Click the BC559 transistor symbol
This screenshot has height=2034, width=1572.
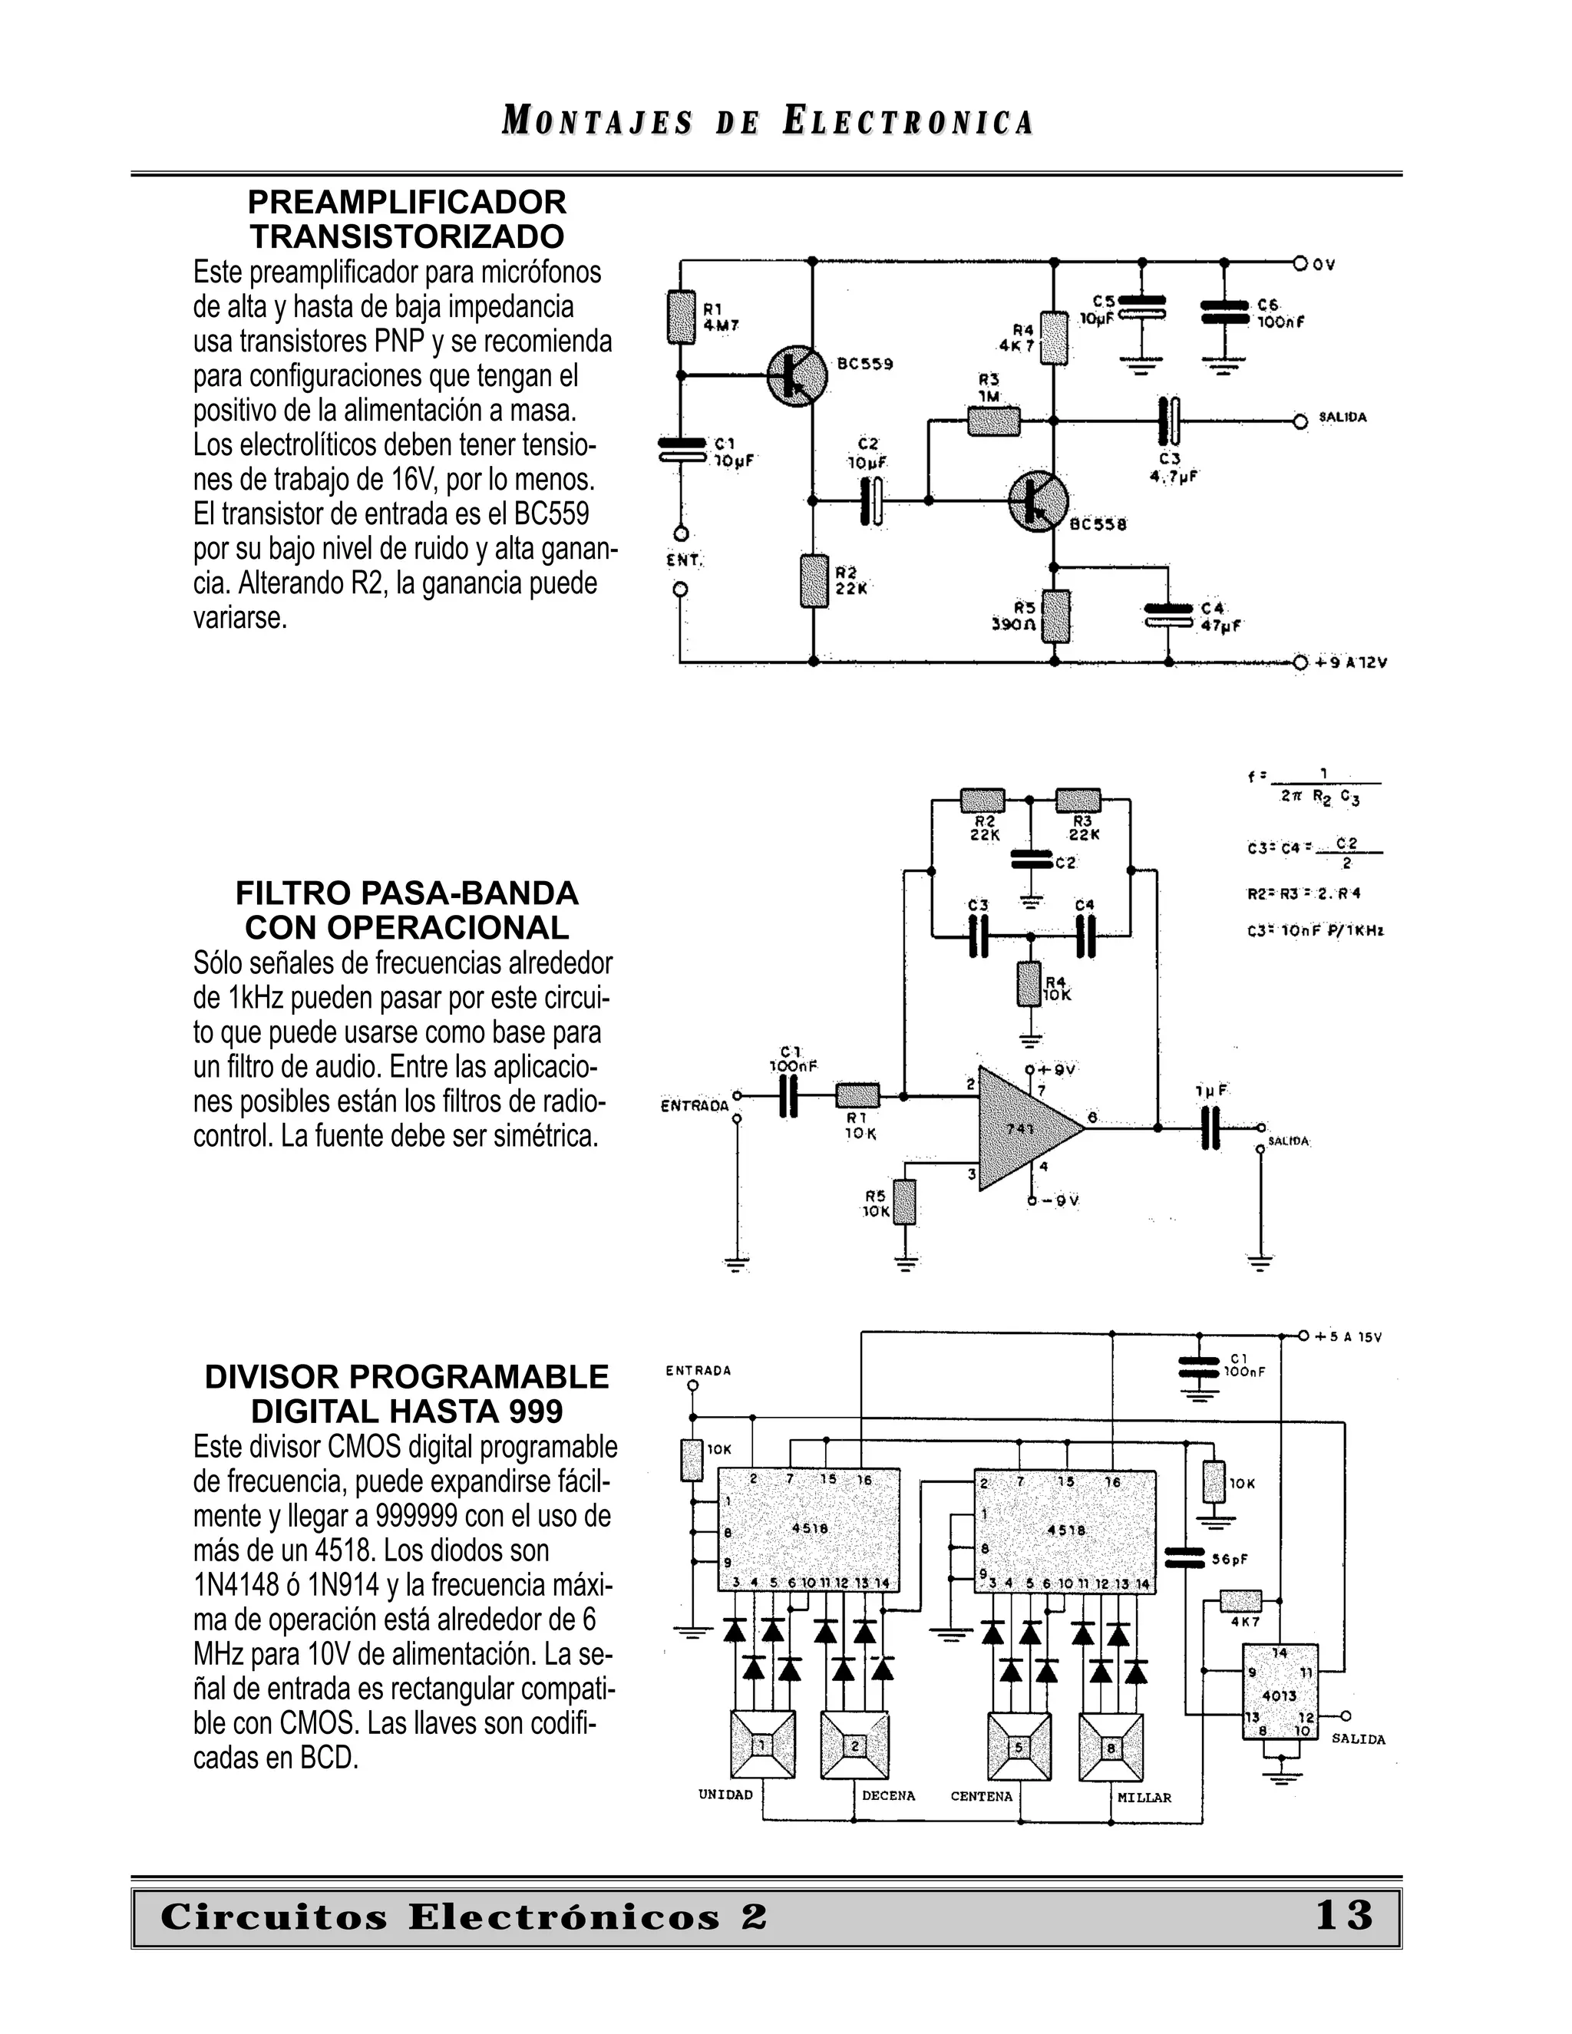[796, 375]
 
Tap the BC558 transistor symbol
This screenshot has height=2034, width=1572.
[1039, 501]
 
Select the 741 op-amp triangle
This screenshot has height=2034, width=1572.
[1025, 1128]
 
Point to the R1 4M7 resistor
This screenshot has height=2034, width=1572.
[682, 317]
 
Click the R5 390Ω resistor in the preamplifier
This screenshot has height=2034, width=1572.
[1055, 616]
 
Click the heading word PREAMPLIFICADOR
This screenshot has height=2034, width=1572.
[407, 202]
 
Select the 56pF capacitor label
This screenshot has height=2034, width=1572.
[1230, 1559]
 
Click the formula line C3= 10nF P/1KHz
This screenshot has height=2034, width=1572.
[1315, 930]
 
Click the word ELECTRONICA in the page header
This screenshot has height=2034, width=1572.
[908, 122]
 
